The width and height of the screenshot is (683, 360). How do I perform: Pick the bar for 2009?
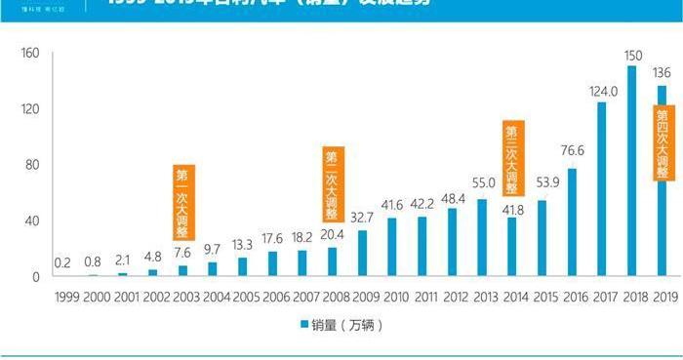pos(362,254)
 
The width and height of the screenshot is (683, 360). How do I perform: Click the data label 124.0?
pos(603,92)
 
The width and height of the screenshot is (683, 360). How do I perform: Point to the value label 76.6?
pos(573,150)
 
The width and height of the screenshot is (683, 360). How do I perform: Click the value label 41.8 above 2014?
pos(512,209)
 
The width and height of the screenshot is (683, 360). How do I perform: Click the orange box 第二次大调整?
pos(334,183)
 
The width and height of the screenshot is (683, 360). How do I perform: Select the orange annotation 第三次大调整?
pos(513,157)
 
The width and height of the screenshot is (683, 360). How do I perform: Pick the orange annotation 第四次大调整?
pos(663,142)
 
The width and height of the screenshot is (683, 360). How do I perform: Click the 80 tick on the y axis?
pos(31,165)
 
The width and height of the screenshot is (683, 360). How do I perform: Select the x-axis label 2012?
pos(453,297)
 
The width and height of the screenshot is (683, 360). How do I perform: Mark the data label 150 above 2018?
pos(632,54)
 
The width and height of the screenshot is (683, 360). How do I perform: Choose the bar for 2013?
pos(482,238)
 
